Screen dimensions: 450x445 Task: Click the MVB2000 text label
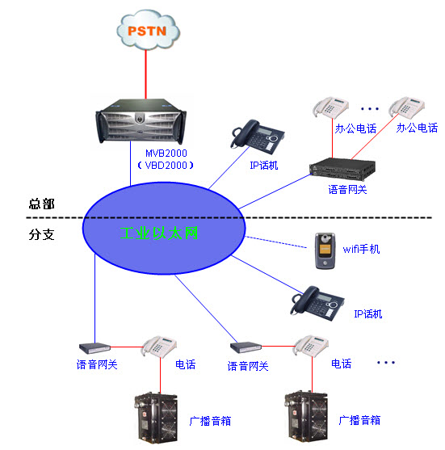coord(166,154)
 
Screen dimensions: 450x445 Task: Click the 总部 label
coord(41,205)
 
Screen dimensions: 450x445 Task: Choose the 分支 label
coord(41,235)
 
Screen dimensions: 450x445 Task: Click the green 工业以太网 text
coord(158,233)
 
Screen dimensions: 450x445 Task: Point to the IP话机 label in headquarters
coord(263,166)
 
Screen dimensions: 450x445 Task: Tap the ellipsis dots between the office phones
coord(370,107)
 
